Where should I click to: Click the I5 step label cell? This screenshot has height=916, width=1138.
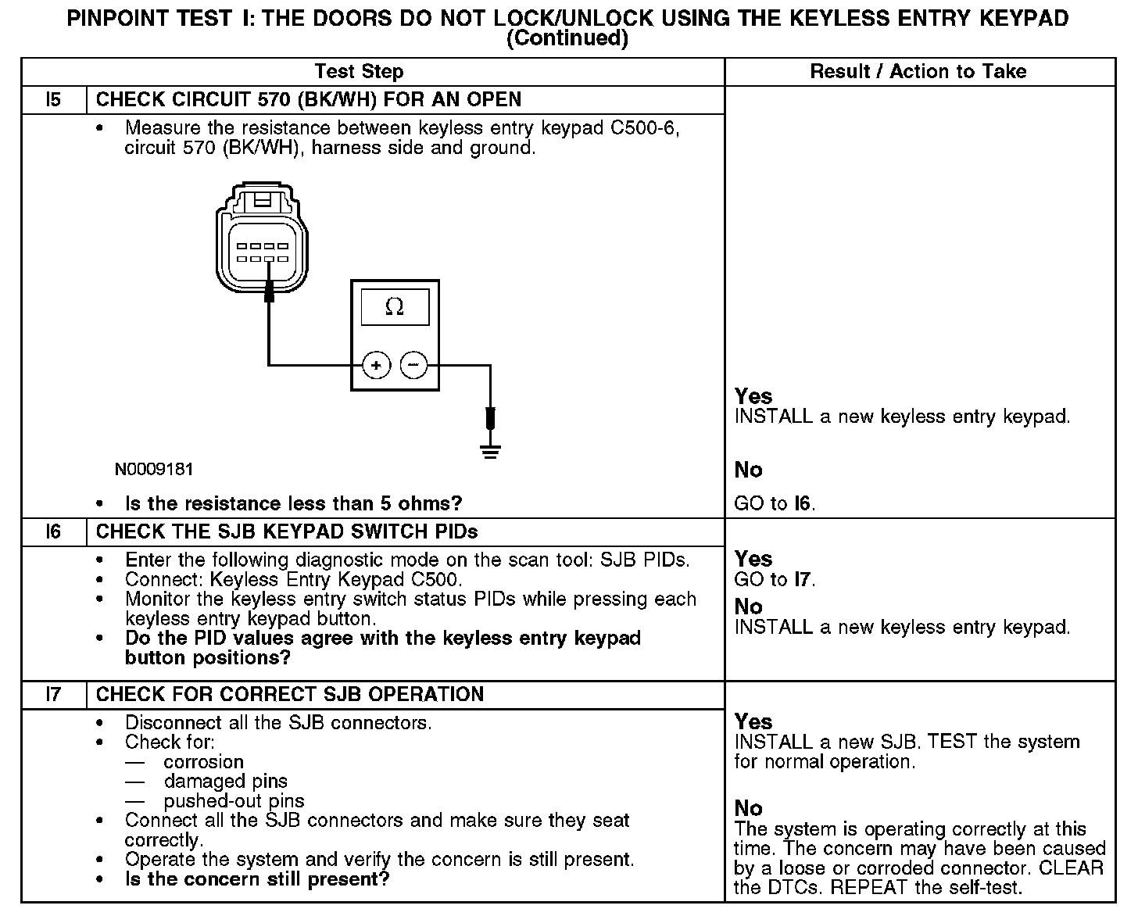53,100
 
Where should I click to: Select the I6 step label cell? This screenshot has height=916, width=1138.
53,532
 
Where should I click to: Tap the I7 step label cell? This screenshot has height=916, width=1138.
53,695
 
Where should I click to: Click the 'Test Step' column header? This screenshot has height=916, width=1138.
359,72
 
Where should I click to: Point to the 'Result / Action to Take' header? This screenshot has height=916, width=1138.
918,72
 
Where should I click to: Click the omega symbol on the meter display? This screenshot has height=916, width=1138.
395,307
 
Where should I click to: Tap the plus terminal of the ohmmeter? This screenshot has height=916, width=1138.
376,365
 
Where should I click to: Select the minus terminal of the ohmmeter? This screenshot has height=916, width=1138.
414,365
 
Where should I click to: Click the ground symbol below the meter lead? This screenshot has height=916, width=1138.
490,451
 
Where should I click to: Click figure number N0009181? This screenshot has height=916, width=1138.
154,470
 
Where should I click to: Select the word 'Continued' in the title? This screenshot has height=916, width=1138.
567,39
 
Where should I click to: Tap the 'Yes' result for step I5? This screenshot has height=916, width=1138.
753,396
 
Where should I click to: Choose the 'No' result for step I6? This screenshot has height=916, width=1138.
749,606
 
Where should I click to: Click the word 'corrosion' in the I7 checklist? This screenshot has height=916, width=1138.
204,762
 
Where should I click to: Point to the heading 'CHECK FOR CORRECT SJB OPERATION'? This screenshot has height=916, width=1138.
290,695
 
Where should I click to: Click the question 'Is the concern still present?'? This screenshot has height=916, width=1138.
257,879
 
